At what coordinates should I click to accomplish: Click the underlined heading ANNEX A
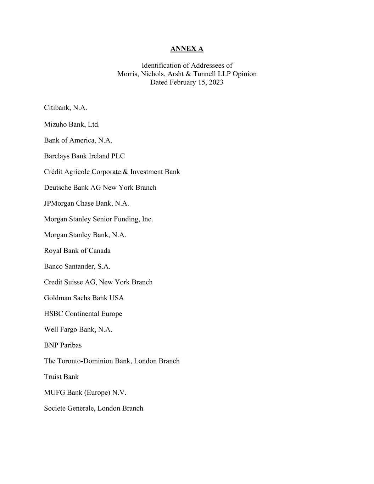187,49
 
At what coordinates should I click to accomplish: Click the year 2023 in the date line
215,82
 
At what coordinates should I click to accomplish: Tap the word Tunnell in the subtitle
205,74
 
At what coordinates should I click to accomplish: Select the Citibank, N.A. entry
66,107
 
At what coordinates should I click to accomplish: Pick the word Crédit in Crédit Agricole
54,172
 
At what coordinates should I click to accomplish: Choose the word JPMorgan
59,204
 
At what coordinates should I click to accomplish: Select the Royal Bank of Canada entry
77,251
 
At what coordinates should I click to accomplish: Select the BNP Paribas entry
63,345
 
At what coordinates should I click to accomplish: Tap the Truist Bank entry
61,377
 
